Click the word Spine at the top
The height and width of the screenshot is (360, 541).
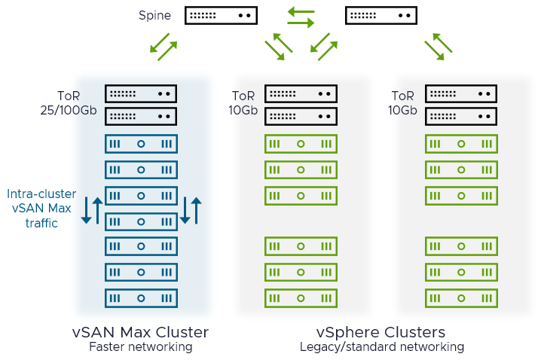tap(154, 15)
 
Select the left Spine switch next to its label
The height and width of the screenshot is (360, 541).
tap(221, 15)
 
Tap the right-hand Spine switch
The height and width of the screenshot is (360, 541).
tap(381, 15)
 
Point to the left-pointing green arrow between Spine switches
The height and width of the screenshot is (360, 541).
tap(301, 11)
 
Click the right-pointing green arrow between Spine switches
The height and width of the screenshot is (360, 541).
tap(301, 23)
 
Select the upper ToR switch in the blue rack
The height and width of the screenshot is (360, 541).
tap(141, 94)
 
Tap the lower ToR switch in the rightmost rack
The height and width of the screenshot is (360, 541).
tap(461, 117)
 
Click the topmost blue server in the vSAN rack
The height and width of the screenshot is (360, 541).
tap(141, 144)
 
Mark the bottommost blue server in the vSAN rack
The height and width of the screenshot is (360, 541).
tap(141, 297)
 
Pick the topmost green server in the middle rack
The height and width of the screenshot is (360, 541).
tap(301, 144)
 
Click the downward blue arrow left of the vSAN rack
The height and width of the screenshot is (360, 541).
tap(86, 210)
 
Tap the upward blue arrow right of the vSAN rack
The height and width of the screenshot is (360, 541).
tap(197, 210)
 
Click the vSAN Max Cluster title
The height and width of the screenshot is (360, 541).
tap(140, 332)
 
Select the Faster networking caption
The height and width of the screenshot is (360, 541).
tap(140, 347)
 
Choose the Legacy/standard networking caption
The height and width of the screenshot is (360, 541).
tap(381, 347)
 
